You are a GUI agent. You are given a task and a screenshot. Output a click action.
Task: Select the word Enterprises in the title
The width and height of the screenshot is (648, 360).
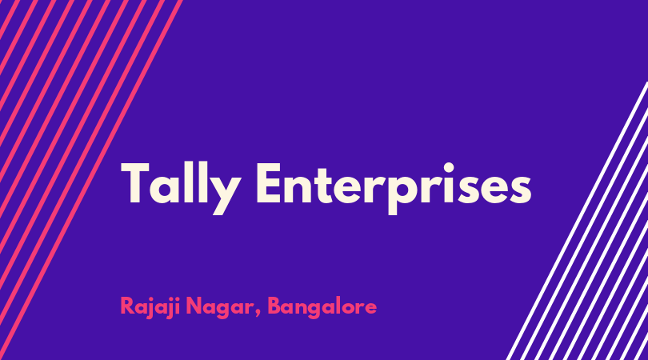point(394,188)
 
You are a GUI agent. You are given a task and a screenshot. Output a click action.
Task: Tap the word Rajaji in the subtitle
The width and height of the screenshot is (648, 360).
point(150,307)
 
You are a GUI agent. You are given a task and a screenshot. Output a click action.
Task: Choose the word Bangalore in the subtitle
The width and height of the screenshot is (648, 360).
point(322,307)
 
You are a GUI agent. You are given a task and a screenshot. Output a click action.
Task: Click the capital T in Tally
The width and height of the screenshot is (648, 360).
point(134,182)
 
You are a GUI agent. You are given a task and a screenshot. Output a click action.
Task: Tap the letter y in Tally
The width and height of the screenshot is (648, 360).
point(226,194)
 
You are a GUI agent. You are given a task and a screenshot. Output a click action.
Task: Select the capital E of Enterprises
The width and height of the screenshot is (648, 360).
point(269,182)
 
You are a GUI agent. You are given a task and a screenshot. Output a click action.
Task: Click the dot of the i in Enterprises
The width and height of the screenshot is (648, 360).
point(448,166)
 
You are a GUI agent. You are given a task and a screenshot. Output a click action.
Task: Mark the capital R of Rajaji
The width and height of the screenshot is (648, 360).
point(129,306)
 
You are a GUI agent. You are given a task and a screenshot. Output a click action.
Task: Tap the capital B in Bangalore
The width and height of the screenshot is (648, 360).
point(275,306)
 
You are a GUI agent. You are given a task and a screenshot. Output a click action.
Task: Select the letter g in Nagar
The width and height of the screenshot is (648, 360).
point(222,310)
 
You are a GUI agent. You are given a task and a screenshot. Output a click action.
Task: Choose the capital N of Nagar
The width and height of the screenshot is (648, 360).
point(194,306)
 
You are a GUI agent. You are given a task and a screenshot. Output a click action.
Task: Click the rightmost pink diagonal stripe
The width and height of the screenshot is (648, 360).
point(91,180)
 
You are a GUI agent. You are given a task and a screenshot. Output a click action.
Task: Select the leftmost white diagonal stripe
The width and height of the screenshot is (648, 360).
point(577,221)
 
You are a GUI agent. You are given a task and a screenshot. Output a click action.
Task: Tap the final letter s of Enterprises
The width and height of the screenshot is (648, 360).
point(520,189)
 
